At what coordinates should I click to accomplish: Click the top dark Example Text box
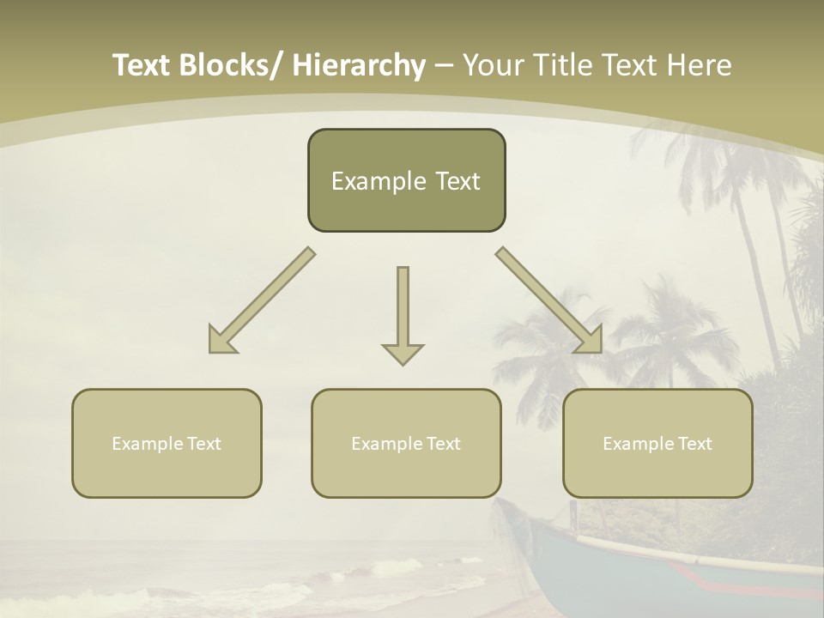click(x=406, y=180)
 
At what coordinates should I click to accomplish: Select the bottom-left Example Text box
click(x=167, y=443)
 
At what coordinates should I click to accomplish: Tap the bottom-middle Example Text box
click(x=406, y=443)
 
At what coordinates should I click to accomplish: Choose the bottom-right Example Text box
click(x=657, y=443)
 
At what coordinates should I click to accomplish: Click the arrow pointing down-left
click(x=262, y=300)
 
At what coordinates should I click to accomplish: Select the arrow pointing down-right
click(x=549, y=300)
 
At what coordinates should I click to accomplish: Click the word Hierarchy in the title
click(x=358, y=65)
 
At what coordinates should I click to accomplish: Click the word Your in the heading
click(x=493, y=65)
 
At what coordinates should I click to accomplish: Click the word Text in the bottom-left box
click(x=205, y=444)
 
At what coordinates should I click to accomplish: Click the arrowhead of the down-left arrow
click(x=221, y=340)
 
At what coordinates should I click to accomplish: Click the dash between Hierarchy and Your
click(x=444, y=65)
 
